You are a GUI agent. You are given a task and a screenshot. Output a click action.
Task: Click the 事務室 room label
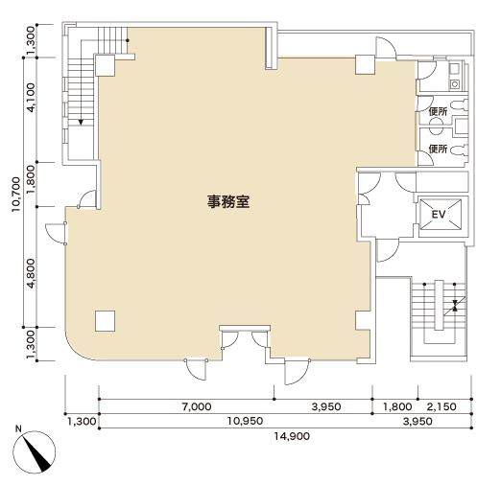tap(228, 201)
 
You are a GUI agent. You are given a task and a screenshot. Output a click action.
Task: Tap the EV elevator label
tap(439, 215)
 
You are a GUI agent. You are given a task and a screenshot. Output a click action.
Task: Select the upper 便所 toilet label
tap(438, 111)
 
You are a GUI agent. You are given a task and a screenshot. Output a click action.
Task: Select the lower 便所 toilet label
tap(438, 149)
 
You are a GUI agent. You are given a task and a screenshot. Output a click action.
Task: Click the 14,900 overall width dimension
tap(292, 436)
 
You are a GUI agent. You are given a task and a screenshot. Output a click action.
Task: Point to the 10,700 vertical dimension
tap(16, 195)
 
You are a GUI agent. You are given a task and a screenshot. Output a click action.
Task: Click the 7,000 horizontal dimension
tap(197, 406)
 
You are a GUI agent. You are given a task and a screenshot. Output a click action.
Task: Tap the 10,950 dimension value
tap(245, 421)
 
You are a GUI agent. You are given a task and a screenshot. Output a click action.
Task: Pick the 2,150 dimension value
tap(441, 406)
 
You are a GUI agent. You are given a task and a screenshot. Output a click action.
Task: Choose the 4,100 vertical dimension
tap(31, 98)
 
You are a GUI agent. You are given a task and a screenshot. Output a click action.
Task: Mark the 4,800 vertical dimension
tap(31, 273)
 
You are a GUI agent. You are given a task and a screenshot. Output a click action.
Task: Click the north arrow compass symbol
tap(35, 451)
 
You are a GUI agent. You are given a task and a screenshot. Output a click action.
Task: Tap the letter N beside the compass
tap(18, 428)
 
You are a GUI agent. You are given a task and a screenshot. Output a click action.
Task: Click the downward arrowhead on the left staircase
tap(81, 122)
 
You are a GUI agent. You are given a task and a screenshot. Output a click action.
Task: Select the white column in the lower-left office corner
tap(105, 321)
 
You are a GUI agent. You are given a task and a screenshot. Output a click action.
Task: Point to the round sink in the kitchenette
tap(455, 84)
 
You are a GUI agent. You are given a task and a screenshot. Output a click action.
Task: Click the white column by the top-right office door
tap(365, 65)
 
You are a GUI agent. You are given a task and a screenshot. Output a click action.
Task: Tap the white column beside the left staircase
tap(105, 65)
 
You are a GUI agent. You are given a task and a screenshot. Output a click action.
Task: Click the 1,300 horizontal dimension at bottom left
tap(82, 422)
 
